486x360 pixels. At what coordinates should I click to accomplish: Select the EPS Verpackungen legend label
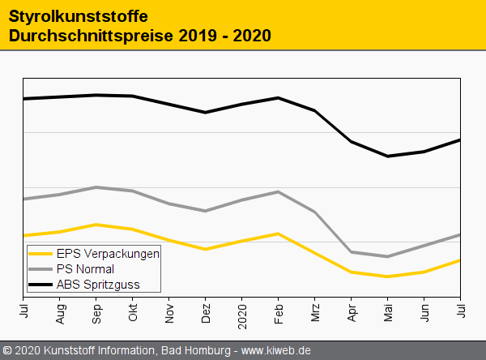point(108,254)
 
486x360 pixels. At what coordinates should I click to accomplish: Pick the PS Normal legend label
point(85,269)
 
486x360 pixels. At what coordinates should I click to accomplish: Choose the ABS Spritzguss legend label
point(97,285)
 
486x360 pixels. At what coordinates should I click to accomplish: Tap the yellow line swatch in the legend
point(40,254)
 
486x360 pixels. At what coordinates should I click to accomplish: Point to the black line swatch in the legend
point(40,285)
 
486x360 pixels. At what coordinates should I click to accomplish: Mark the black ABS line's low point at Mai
point(388,156)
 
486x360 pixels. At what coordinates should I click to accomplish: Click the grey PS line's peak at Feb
point(279,191)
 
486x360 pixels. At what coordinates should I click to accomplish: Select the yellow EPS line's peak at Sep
point(96,224)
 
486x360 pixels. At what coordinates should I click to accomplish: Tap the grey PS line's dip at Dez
point(206,211)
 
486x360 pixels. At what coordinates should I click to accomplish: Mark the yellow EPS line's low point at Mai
point(388,276)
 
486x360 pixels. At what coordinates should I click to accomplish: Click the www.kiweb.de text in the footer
point(277,351)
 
